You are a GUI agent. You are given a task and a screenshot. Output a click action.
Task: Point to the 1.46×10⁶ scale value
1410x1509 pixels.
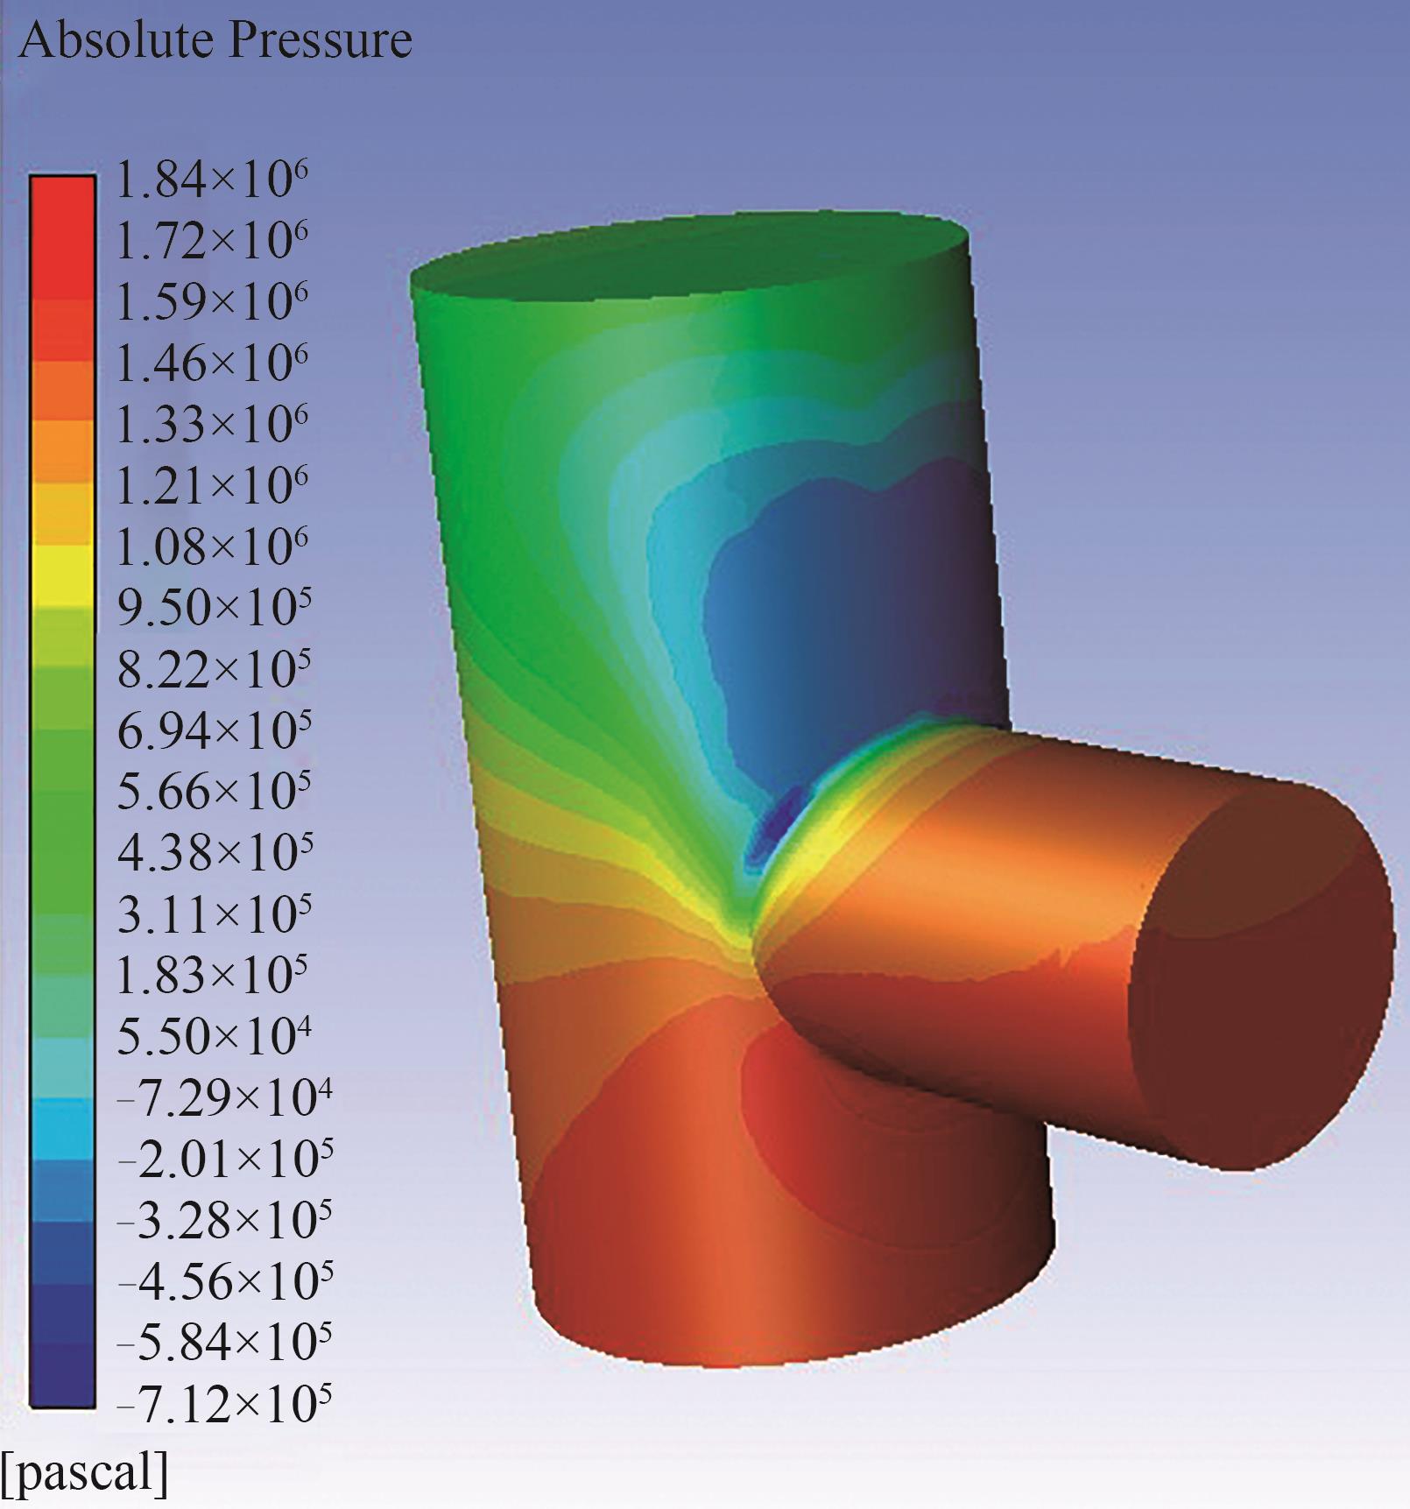tap(211, 363)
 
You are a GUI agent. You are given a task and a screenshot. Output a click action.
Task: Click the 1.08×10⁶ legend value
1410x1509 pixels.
tap(211, 546)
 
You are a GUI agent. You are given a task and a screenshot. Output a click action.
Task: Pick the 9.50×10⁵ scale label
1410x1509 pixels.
tap(214, 607)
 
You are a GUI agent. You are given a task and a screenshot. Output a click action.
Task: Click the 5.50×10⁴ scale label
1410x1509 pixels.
tap(214, 1036)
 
